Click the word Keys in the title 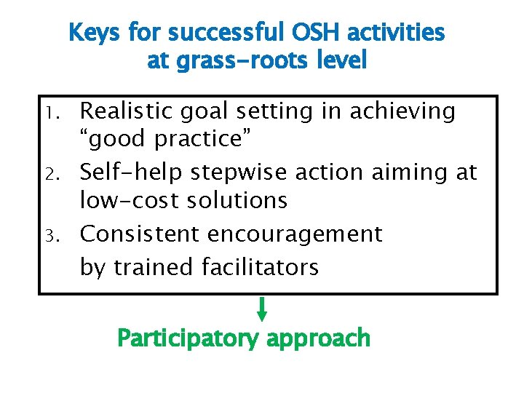pos(95,33)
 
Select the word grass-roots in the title pos(231,60)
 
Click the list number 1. pos(57,113)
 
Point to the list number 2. pos(57,174)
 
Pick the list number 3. pos(57,236)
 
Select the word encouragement pos(295,234)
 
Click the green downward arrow pos(262,309)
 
